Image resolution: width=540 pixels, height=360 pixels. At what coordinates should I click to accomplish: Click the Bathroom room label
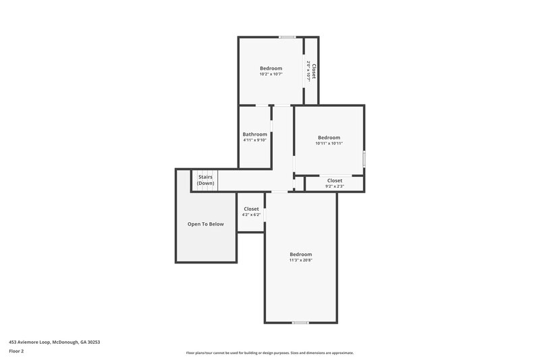[255, 134]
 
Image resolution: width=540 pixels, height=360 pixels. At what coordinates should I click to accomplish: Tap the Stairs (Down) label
[205, 177]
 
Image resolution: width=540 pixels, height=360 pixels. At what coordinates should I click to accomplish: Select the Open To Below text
[205, 224]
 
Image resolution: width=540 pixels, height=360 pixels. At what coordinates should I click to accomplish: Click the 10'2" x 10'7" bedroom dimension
[271, 74]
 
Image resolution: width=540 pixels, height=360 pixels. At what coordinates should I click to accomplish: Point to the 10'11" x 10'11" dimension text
[329, 143]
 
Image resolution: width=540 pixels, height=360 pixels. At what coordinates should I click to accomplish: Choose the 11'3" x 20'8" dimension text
[300, 260]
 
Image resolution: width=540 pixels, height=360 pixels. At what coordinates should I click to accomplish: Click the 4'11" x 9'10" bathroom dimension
[255, 140]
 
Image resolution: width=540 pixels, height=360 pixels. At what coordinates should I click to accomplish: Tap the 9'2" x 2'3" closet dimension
[334, 186]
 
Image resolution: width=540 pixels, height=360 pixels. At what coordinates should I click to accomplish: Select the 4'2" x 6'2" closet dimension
[251, 215]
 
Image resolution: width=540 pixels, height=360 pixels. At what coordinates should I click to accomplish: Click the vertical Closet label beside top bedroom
[313, 72]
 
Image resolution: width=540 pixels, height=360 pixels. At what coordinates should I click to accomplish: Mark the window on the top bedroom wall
[288, 37]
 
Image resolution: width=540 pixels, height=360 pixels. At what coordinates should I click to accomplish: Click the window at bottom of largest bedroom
[300, 323]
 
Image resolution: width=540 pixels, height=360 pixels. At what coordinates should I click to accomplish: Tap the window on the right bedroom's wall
[364, 159]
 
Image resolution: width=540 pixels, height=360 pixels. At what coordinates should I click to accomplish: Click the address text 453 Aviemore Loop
[54, 342]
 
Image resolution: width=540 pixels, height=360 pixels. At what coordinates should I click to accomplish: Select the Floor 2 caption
[16, 352]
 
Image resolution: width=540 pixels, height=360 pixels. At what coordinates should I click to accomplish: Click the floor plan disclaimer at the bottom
[269, 353]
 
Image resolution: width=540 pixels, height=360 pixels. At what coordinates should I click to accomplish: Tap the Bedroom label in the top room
[271, 68]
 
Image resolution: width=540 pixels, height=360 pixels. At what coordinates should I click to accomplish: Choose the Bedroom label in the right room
[329, 137]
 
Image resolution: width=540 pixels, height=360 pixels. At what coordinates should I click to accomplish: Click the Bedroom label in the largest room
[300, 254]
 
